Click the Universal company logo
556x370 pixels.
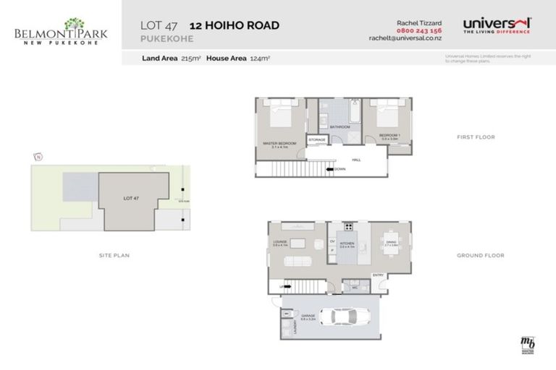pos(496,25)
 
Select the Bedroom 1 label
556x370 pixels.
pos(389,135)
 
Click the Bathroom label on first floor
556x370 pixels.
pos(340,126)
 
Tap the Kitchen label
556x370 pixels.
pos(347,244)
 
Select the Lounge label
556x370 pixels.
pos(281,244)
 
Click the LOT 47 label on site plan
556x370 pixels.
pos(131,197)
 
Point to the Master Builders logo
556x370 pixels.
pos(527,345)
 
